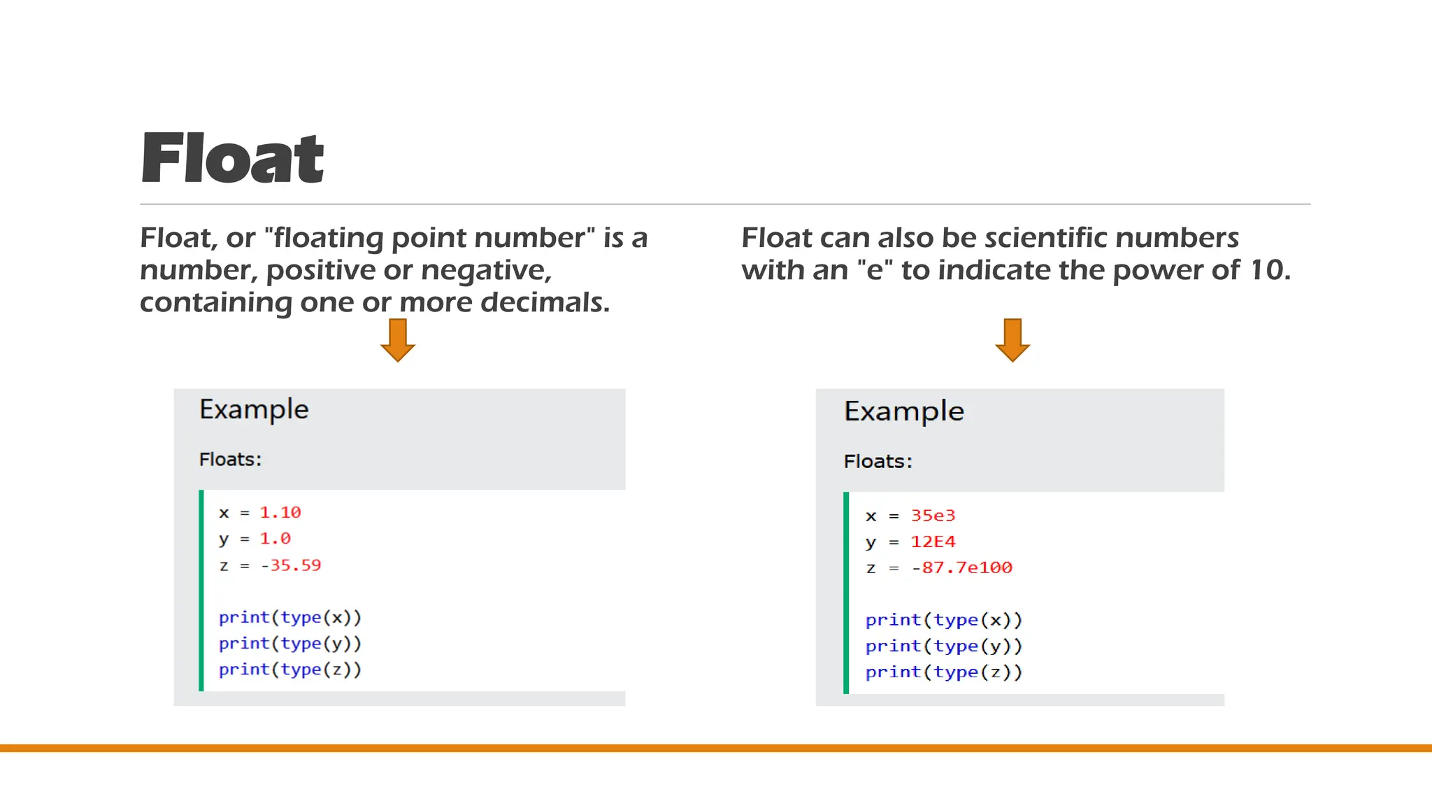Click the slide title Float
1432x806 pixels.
tap(232, 159)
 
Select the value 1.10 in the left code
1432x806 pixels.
tap(280, 513)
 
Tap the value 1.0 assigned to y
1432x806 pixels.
tap(275, 539)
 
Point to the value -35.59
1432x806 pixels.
tap(291, 565)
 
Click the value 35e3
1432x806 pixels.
tap(933, 516)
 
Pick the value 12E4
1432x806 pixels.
tap(933, 542)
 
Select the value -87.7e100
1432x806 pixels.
tap(961, 567)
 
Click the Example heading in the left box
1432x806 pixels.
tap(254, 410)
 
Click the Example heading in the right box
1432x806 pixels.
tap(903, 412)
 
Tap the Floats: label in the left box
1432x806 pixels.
tap(230, 460)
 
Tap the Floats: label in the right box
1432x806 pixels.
tap(878, 462)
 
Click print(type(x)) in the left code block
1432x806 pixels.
tap(290, 618)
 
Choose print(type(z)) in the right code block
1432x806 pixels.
tap(944, 672)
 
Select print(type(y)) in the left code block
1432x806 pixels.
tap(290, 644)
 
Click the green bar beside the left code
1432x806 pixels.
tap(201, 591)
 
